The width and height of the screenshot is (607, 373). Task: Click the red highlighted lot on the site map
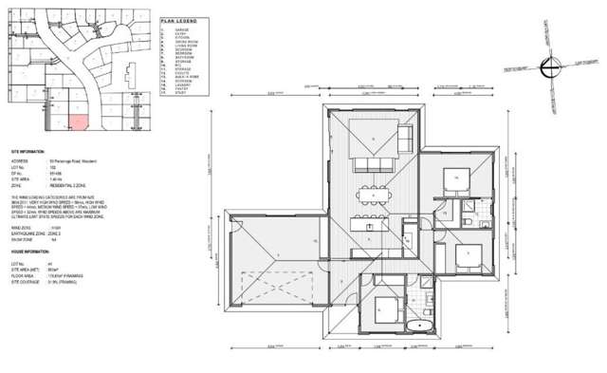click(82, 123)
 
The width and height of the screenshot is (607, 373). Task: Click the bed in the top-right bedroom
click(454, 177)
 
